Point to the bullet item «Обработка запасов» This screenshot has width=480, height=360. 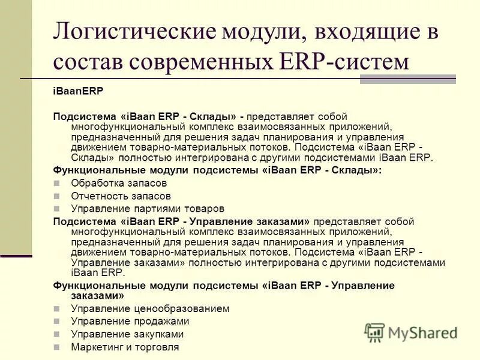click(x=119, y=183)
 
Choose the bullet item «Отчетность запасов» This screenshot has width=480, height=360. click(x=121, y=196)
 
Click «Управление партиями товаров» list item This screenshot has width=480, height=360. click(x=148, y=209)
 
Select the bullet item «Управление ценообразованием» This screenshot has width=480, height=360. click(x=150, y=308)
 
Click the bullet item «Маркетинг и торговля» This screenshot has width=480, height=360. click(x=125, y=347)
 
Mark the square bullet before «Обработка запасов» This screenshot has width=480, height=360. click(x=57, y=184)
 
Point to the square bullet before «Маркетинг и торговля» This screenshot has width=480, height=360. click(x=57, y=347)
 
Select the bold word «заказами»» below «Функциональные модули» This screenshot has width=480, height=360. click(x=88, y=296)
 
